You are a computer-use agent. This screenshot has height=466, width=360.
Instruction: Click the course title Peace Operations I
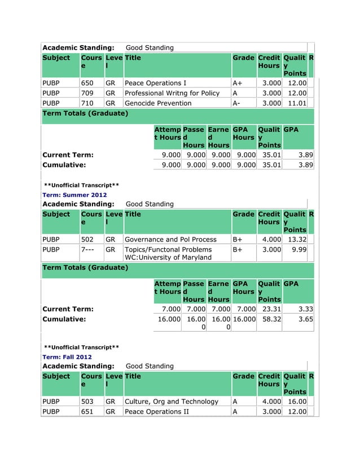click(x=155, y=83)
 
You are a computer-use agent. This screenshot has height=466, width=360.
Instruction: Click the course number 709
click(x=87, y=93)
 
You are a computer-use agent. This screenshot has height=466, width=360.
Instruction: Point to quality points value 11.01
click(x=296, y=103)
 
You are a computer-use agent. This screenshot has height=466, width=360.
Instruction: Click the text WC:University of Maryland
click(x=168, y=258)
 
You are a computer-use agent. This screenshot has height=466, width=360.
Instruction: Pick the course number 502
click(x=87, y=239)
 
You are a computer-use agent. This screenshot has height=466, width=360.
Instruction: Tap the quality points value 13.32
click(x=296, y=239)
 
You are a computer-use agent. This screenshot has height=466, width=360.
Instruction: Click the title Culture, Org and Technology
click(x=171, y=402)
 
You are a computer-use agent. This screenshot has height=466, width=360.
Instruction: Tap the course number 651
click(x=87, y=412)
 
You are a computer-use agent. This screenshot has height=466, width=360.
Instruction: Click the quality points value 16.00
click(x=296, y=402)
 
